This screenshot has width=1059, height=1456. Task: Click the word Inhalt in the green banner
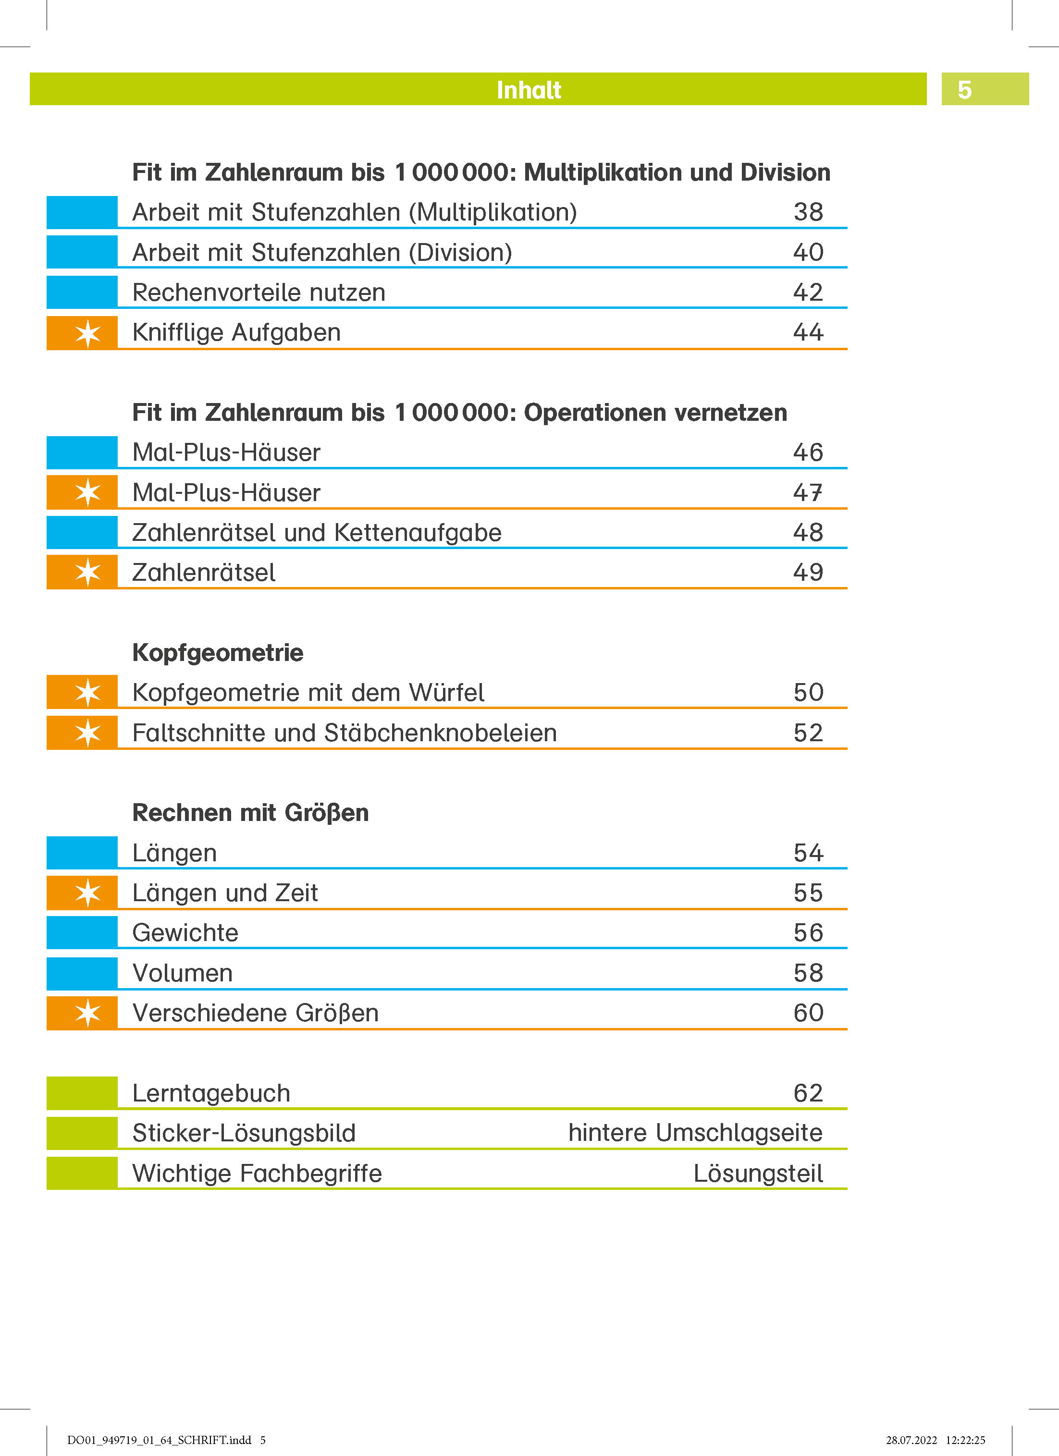(529, 90)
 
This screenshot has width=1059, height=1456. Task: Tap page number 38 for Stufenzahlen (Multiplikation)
(808, 212)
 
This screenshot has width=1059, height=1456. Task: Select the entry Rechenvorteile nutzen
(259, 293)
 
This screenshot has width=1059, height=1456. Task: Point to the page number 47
(808, 492)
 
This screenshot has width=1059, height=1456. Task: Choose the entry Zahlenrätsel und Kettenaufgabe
(317, 533)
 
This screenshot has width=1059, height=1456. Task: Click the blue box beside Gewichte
(82, 932)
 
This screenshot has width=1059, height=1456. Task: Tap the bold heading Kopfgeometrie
(218, 653)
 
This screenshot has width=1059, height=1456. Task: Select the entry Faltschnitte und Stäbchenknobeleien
(344, 733)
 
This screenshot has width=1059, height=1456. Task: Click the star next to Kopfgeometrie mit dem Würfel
(87, 692)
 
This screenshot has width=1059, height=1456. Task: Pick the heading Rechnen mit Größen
(250, 813)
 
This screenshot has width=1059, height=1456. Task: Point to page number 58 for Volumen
(808, 973)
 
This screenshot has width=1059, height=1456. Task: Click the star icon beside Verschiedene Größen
(87, 1013)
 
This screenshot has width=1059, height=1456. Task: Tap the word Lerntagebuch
(211, 1093)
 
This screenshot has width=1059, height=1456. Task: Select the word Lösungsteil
(758, 1174)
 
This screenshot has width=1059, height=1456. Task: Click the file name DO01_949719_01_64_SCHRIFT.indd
(159, 1440)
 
